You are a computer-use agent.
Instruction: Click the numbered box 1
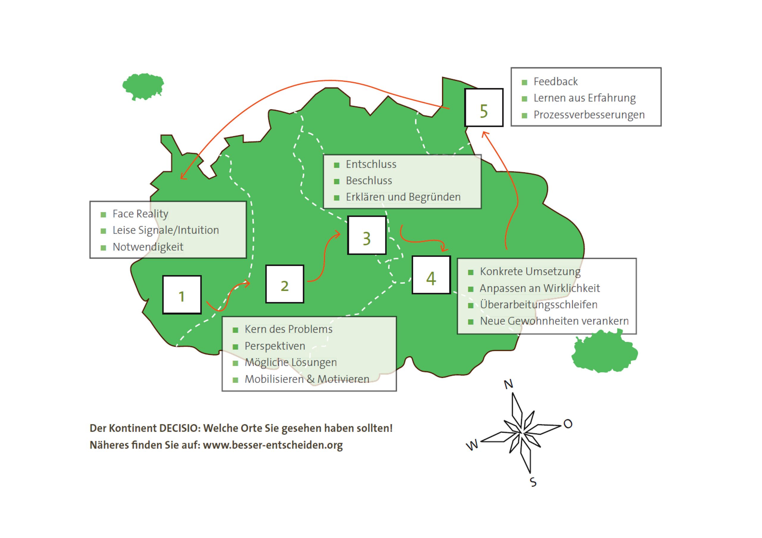tap(182, 295)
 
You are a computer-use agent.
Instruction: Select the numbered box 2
tap(285, 284)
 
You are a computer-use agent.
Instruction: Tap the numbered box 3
tap(367, 235)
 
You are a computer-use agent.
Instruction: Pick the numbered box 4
tap(431, 275)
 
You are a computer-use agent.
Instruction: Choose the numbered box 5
tap(484, 107)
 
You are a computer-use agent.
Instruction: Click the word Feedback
tap(555, 81)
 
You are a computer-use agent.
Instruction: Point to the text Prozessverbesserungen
tap(589, 115)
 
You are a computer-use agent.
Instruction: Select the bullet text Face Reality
tap(140, 214)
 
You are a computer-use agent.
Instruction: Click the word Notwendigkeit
tap(148, 247)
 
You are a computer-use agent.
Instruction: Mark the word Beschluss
tap(369, 181)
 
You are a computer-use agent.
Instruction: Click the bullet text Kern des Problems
tap(288, 329)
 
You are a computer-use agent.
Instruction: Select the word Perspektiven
tap(274, 346)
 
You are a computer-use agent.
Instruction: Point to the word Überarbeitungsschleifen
tap(538, 305)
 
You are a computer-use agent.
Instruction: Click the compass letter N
tap(508, 384)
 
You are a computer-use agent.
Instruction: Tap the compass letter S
tap(533, 482)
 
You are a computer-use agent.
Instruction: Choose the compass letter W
tap(472, 445)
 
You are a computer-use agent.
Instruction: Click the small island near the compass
tap(604, 352)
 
